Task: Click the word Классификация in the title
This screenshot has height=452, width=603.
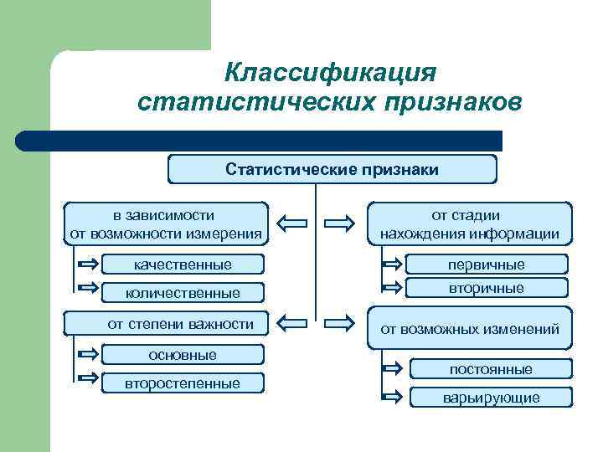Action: coord(330,72)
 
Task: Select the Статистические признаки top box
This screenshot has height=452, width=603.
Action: coord(332,170)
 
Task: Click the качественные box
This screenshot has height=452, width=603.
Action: coord(183,265)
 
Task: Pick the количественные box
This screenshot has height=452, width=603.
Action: coord(183,292)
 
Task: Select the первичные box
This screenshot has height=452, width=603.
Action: coord(486,265)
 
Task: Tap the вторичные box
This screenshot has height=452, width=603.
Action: coord(486,288)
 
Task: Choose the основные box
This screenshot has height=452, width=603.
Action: coord(183,355)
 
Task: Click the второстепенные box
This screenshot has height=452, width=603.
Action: coord(183,383)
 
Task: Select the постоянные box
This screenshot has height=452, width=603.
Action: coord(491,369)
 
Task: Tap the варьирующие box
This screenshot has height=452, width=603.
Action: coord(491,398)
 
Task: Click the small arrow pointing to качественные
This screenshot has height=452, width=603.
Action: coord(86,265)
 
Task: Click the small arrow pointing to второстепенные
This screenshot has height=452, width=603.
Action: coord(86,382)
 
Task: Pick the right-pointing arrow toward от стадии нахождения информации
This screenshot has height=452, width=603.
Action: coord(339,223)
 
